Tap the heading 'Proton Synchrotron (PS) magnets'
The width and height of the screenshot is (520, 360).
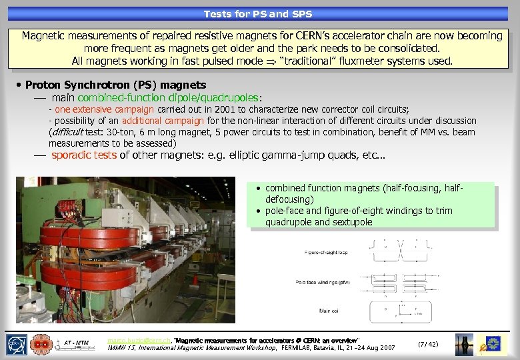click(115, 85)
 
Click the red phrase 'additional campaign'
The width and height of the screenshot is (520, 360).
click(163, 121)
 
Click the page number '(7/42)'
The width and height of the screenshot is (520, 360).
click(427, 344)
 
